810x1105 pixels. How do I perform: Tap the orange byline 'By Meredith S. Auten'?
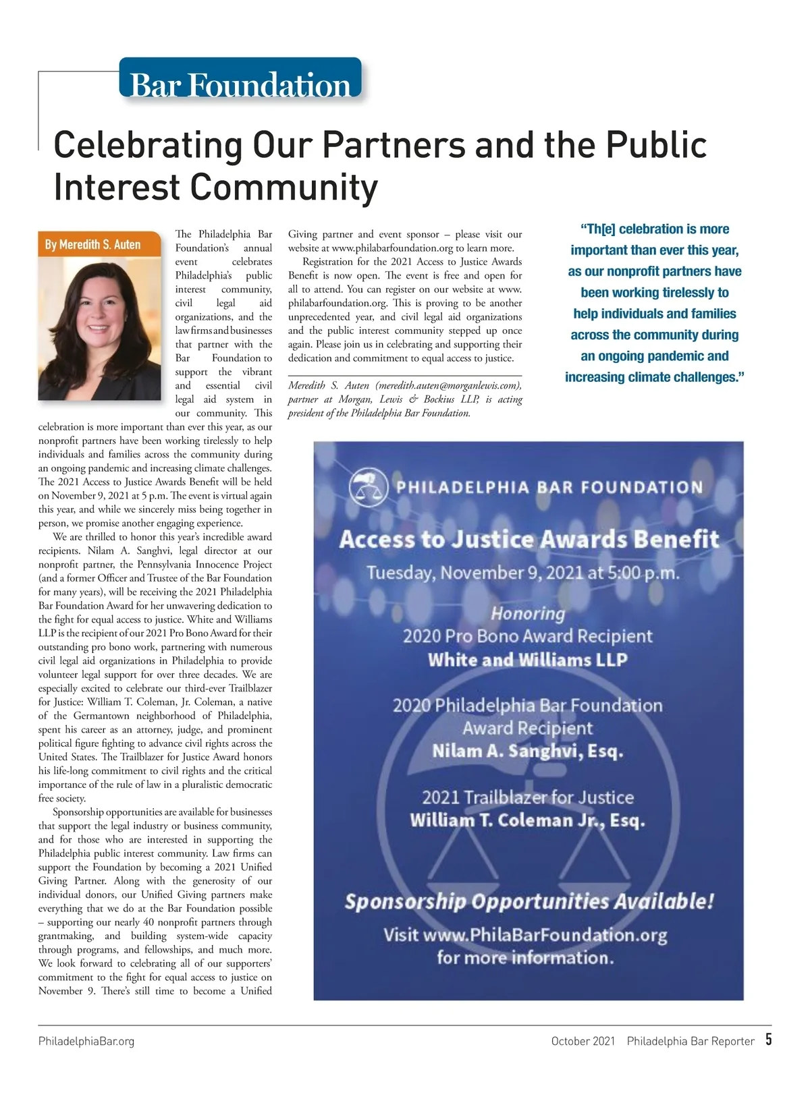click(x=93, y=244)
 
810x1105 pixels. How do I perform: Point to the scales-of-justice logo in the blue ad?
click(x=367, y=486)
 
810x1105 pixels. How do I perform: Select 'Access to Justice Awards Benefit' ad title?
click(x=529, y=539)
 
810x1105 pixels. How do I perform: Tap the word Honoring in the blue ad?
click(x=528, y=613)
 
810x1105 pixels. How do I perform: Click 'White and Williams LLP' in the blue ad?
click(x=528, y=659)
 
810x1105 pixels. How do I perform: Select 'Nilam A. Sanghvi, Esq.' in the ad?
click(x=528, y=751)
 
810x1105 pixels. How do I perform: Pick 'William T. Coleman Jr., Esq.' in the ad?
click(x=528, y=820)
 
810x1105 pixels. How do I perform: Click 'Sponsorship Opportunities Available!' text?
click(x=529, y=901)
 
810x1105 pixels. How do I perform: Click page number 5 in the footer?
click(x=768, y=1040)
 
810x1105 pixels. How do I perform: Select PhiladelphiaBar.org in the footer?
click(x=86, y=1041)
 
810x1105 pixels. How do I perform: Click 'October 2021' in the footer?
click(x=583, y=1041)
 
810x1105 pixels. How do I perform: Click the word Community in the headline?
click(x=284, y=187)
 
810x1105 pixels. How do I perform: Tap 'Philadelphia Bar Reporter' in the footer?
click(x=691, y=1041)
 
